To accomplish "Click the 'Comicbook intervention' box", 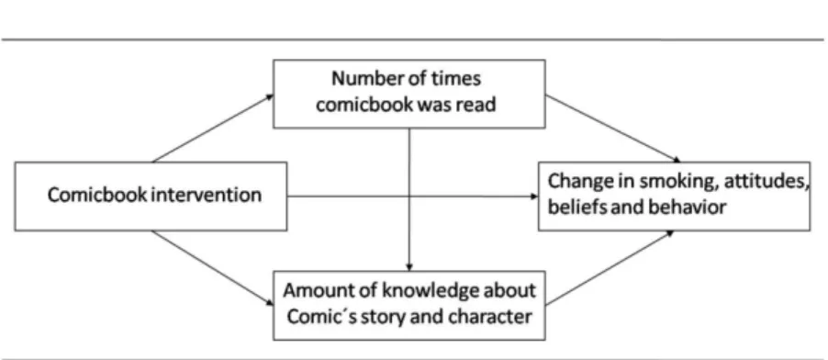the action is [x=151, y=197].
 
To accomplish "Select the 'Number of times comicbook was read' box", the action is [x=409, y=94].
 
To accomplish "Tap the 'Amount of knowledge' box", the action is [x=409, y=306].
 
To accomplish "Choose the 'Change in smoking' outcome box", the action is [x=675, y=197].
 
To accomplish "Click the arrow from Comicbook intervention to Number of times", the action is [x=213, y=128].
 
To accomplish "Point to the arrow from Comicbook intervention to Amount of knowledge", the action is [x=213, y=268].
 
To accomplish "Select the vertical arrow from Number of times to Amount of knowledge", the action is [x=409, y=200].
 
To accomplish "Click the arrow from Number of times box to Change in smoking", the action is [x=612, y=129].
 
